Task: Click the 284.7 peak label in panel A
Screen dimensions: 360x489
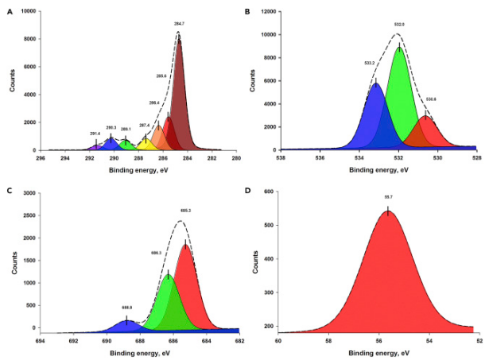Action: [179, 24]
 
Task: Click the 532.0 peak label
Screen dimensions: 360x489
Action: [399, 25]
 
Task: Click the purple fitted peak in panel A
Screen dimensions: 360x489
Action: [95, 146]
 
